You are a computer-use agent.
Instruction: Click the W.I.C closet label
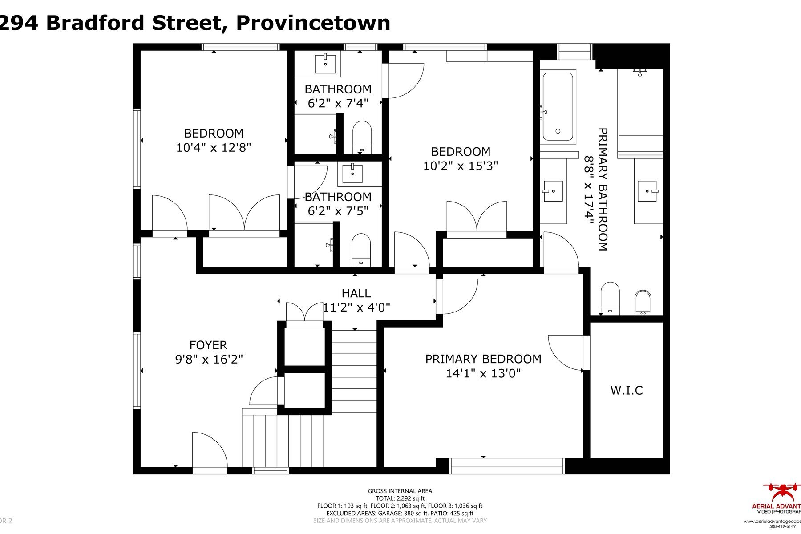coord(627,391)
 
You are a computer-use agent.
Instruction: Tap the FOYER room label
coord(208,345)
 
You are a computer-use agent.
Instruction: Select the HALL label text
coord(356,293)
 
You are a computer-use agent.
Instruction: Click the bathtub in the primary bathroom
coord(558,107)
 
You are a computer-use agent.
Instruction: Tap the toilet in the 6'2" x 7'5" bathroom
coord(361,250)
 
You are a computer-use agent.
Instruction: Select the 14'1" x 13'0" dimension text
coord(483,373)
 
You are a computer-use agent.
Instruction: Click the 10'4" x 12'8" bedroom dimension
coord(214,147)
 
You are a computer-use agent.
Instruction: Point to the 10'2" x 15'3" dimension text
coord(461,166)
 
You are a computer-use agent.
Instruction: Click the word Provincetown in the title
coord(313,23)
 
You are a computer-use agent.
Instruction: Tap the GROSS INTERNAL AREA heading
coord(400,491)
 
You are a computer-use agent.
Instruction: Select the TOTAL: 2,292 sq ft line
coord(400,498)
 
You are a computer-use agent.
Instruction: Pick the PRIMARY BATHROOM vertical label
coord(603,190)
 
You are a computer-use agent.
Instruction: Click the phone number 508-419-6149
coord(782,526)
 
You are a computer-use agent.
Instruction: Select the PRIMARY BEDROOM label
coord(483,359)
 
